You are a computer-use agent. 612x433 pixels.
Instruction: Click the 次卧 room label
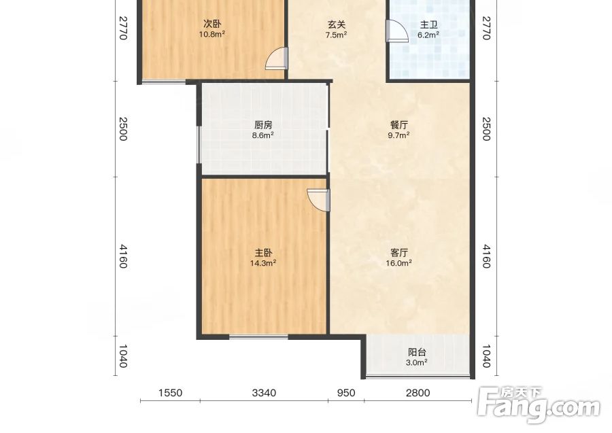[212, 24]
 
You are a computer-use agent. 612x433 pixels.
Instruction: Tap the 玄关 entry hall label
[337, 24]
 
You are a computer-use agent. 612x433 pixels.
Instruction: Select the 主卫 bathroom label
[428, 25]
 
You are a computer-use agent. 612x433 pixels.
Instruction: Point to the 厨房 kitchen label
[263, 125]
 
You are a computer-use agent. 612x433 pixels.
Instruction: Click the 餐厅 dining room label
[399, 125]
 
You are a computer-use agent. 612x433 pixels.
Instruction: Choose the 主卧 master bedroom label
[263, 253]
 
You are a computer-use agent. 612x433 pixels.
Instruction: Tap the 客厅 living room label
[399, 253]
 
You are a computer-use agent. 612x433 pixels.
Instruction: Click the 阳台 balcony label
[416, 352]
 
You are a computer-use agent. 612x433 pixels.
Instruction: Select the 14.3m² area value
[263, 263]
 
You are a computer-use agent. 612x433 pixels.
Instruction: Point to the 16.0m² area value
[399, 263]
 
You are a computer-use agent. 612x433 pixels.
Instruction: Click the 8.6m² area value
[262, 136]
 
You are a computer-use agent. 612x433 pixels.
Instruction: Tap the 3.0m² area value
[416, 363]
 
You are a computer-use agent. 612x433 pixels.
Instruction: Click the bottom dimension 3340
[264, 392]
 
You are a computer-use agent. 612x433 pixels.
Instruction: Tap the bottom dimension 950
[346, 392]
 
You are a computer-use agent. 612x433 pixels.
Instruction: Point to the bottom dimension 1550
[170, 392]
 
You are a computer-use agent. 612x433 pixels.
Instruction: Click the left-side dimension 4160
[123, 256]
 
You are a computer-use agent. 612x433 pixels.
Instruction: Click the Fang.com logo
[539, 406]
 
